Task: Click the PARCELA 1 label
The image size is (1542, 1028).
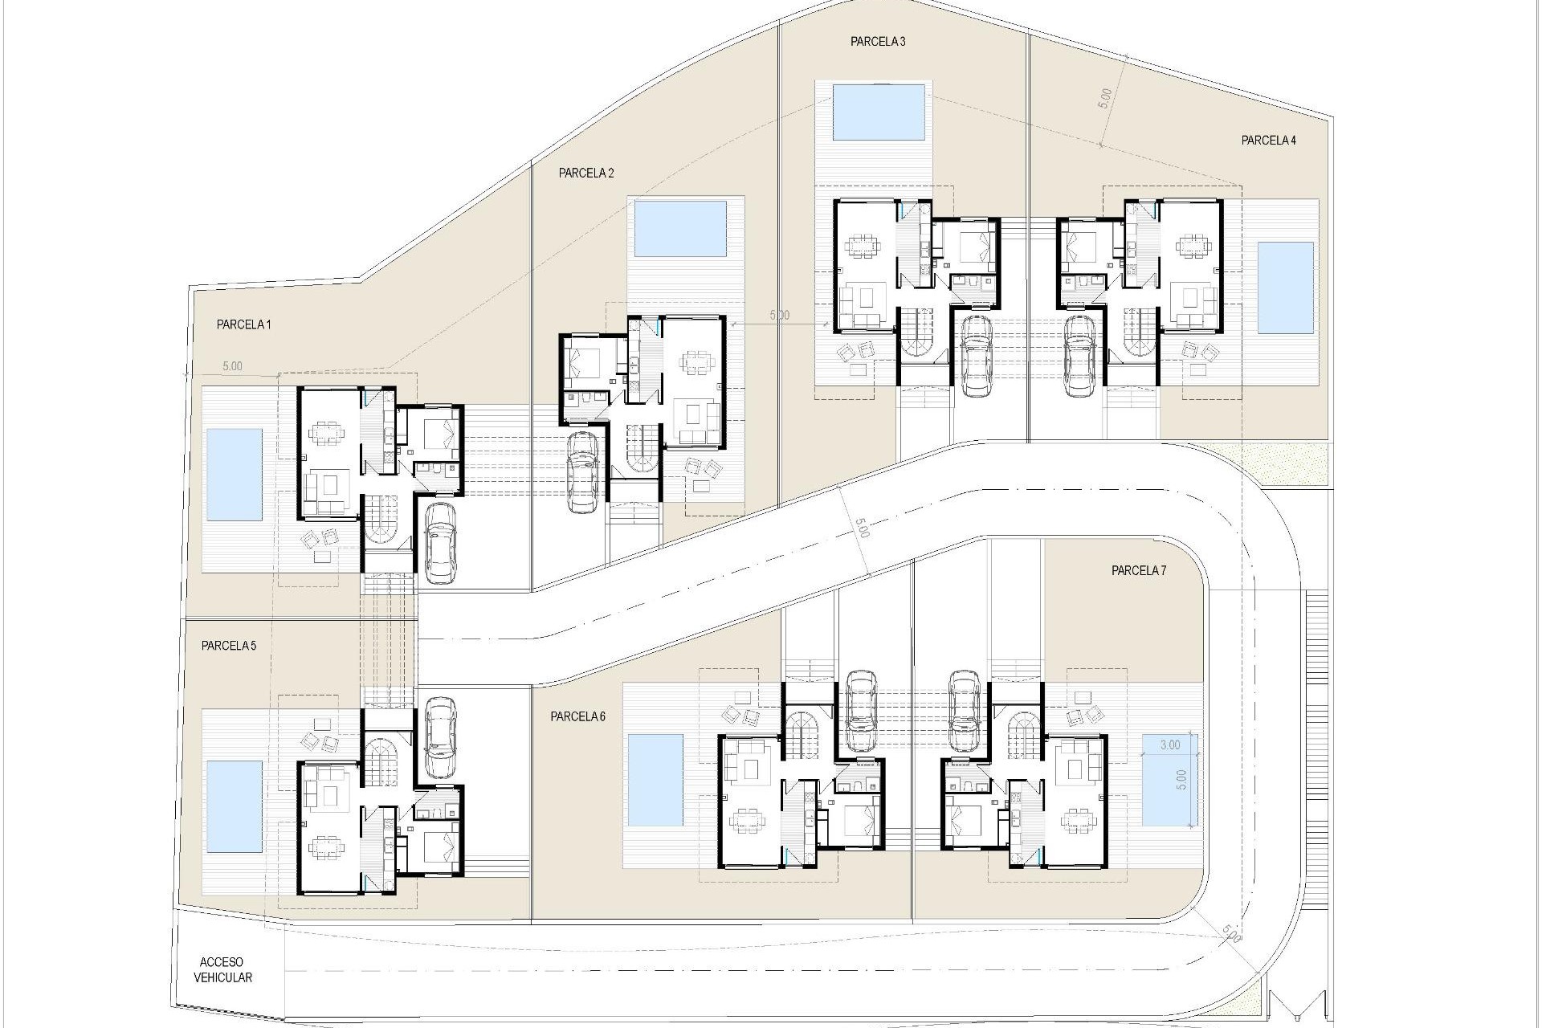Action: click(x=243, y=325)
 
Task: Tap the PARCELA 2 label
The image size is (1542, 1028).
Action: click(x=586, y=173)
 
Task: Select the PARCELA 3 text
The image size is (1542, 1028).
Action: click(x=878, y=42)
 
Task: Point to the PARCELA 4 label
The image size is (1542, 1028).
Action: click(x=1268, y=141)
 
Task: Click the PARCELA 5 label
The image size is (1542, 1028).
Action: click(x=229, y=646)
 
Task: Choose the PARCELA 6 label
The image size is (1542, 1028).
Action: click(x=577, y=717)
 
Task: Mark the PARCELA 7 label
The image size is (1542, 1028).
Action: click(x=1138, y=571)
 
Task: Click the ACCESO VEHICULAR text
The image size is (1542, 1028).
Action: click(x=222, y=970)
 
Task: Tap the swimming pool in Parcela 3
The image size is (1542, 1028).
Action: click(x=874, y=112)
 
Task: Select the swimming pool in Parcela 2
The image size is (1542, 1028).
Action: click(x=680, y=229)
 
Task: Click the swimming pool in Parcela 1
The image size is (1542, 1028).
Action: click(x=234, y=475)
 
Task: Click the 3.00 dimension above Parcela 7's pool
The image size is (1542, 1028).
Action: click(x=1170, y=744)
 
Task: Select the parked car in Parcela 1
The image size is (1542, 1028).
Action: click(x=439, y=542)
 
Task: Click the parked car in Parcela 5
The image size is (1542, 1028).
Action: click(x=439, y=737)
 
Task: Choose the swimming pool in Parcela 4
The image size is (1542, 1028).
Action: click(x=1285, y=288)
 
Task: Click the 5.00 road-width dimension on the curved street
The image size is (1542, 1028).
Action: click(x=861, y=528)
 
